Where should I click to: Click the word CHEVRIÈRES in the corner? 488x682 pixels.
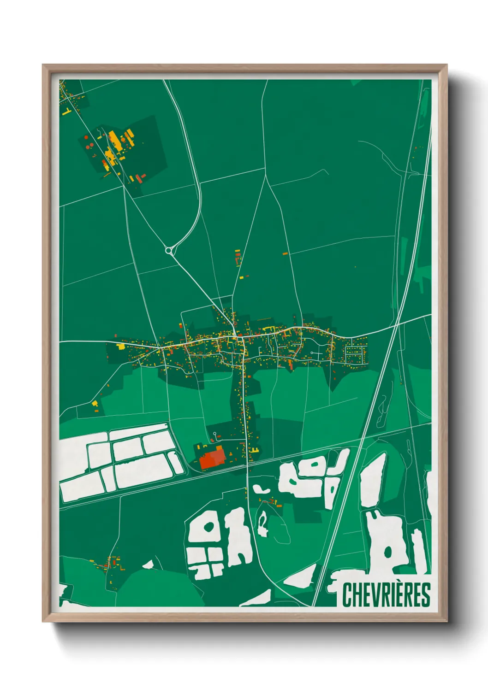tap(386, 595)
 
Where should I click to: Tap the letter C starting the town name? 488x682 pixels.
tap(347, 595)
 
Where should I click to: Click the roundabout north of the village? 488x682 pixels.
tap(169, 251)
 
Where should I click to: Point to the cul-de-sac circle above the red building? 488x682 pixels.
tap(214, 434)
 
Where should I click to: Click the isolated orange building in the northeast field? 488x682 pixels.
tap(285, 253)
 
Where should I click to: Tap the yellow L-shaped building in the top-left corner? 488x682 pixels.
tap(66, 111)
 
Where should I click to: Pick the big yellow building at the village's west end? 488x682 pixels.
tap(121, 346)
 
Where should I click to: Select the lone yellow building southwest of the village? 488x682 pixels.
tap(95, 404)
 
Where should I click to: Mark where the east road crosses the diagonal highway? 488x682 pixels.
tap(396, 325)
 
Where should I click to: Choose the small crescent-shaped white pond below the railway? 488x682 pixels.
tap(260, 489)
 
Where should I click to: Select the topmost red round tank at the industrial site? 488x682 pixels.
tap(86, 137)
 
